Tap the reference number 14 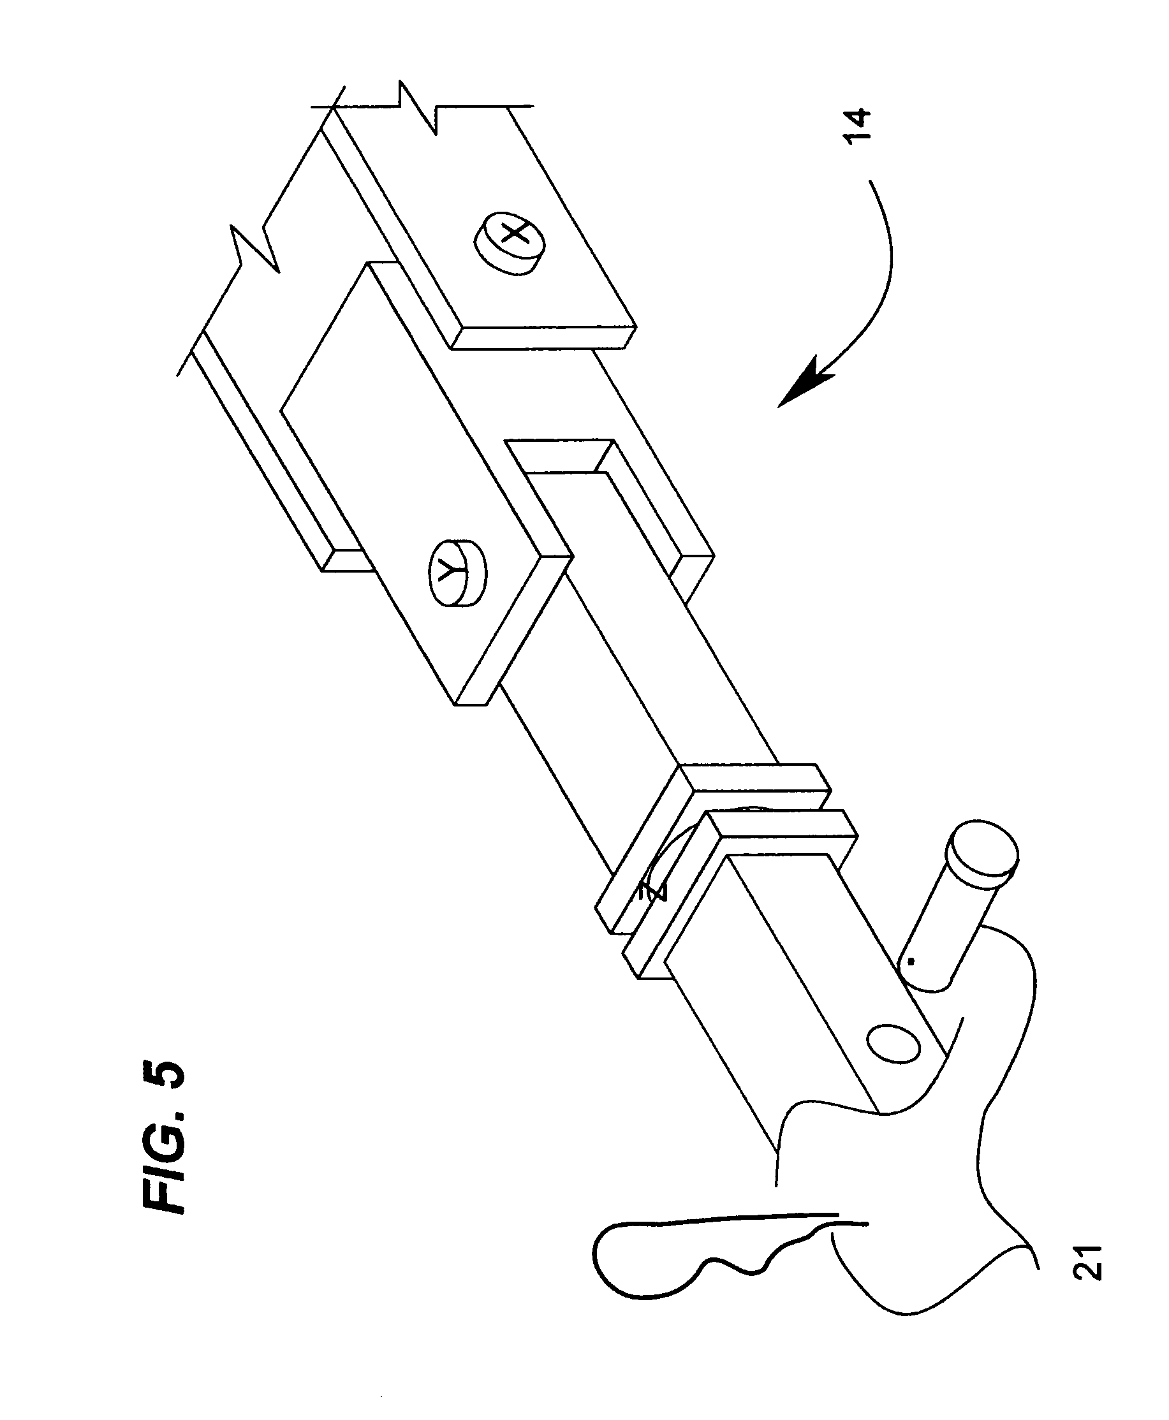857,125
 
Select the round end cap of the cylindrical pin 983,853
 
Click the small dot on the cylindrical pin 911,962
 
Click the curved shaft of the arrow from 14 882,269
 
